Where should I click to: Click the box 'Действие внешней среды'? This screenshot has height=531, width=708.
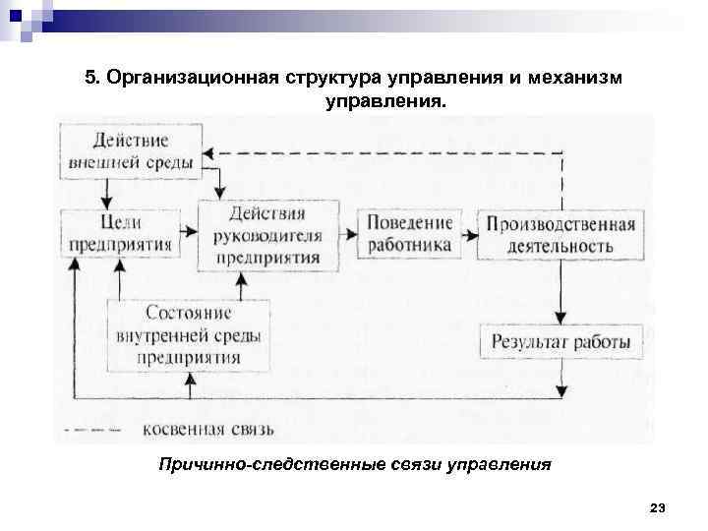tap(132, 149)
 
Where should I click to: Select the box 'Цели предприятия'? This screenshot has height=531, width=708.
tap(120, 232)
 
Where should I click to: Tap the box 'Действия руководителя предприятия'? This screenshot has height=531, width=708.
tap(268, 235)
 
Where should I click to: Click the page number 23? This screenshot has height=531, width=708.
tap(658, 507)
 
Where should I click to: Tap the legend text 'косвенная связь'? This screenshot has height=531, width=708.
tap(208, 429)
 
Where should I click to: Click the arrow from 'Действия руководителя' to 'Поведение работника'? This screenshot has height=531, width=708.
tap(348, 233)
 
